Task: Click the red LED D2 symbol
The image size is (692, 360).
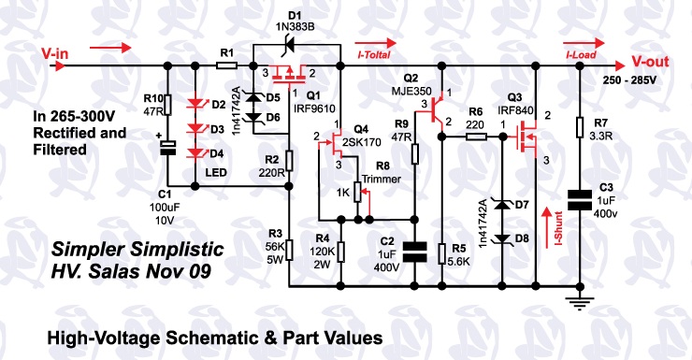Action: click(195, 105)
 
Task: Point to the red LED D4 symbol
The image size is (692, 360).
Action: click(195, 152)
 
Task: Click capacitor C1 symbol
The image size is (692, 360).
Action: click(167, 148)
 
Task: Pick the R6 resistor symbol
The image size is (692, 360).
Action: click(474, 137)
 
